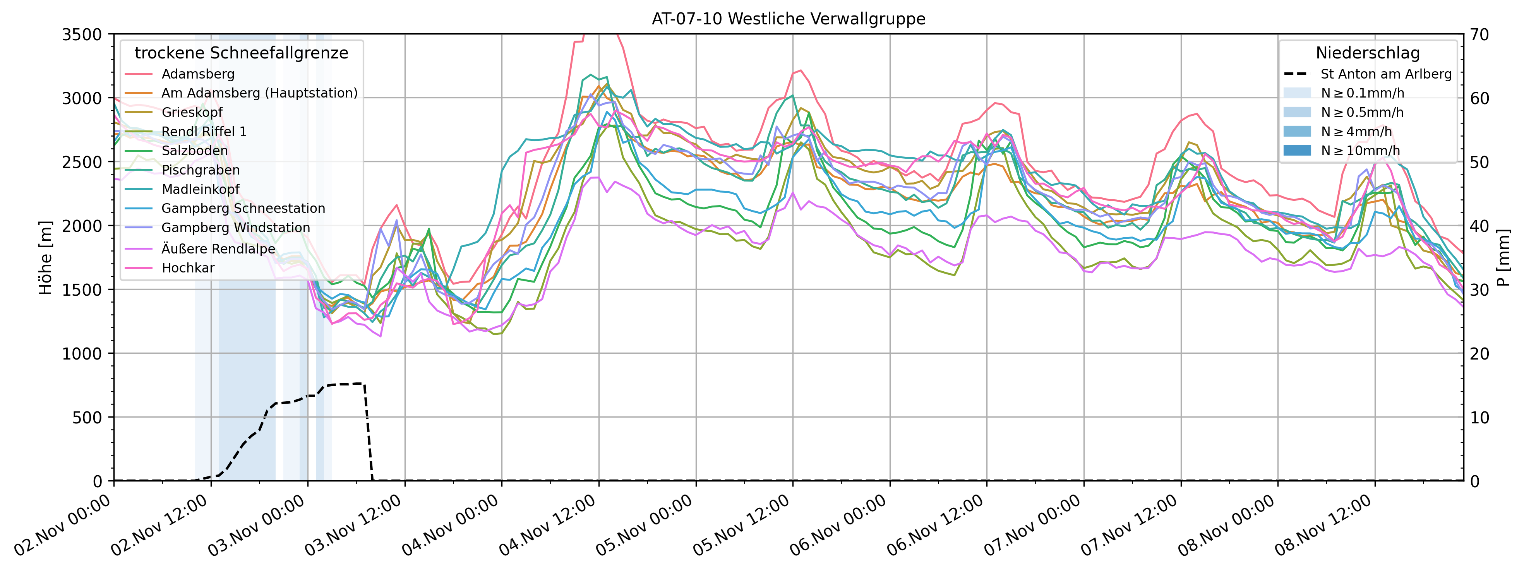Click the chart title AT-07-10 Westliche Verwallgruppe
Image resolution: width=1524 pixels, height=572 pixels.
pos(788,19)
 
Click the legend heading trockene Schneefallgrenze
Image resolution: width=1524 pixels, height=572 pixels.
pos(242,53)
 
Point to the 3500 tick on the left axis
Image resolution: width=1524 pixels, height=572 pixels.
pos(82,34)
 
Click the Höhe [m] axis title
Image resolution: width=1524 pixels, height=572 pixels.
pos(46,257)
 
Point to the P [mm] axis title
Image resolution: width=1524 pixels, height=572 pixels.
pos(1504,257)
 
